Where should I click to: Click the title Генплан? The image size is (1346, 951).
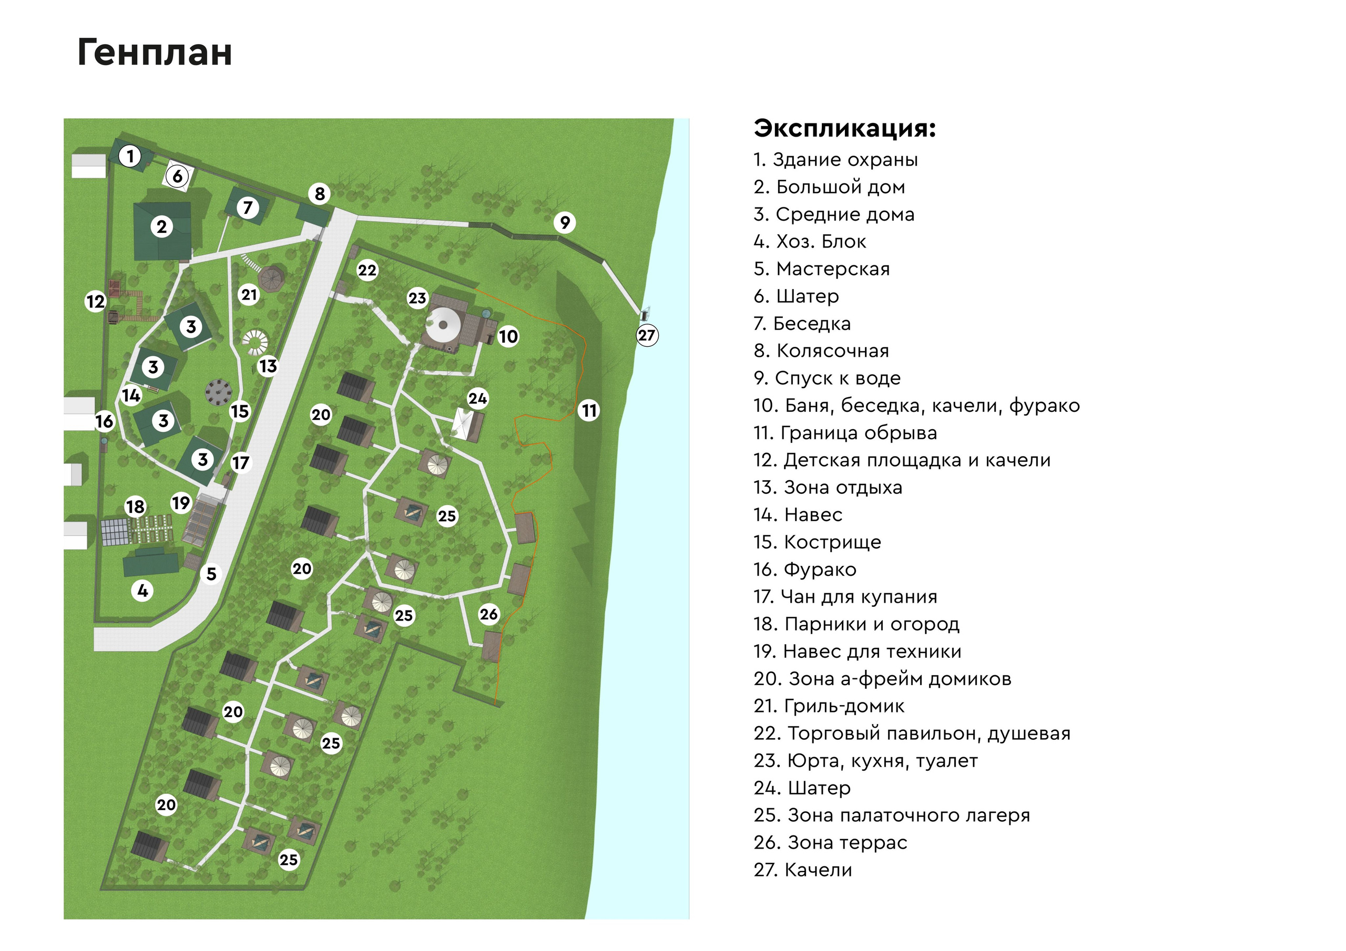[x=155, y=53]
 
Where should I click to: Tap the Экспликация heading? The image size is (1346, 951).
[x=844, y=128]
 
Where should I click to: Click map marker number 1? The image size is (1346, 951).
[x=130, y=157]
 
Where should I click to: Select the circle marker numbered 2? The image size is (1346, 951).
[x=162, y=227]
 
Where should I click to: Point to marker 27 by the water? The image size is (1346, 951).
[x=647, y=336]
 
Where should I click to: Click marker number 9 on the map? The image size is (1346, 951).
[x=565, y=223]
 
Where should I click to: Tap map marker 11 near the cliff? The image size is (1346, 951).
[x=589, y=410]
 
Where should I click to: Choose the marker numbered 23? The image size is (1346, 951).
[x=417, y=298]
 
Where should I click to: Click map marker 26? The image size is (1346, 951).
[x=489, y=614]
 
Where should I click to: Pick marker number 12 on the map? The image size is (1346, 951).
[x=96, y=301]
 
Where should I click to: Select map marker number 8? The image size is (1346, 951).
[x=320, y=193]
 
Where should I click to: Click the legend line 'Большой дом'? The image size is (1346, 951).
[x=829, y=187]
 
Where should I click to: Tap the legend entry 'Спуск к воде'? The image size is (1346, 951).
[x=827, y=378]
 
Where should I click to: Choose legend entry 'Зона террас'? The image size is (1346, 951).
[x=830, y=843]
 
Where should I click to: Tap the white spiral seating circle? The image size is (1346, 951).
[x=256, y=342]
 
